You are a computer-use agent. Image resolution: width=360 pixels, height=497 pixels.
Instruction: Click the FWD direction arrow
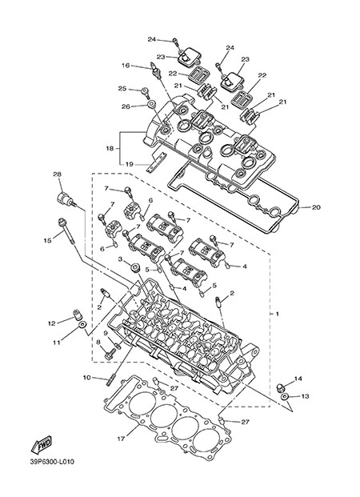[x=41, y=444]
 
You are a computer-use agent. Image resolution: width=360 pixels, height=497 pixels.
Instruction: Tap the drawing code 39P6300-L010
[x=52, y=462]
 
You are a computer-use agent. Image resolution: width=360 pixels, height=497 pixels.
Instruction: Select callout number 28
[x=58, y=174]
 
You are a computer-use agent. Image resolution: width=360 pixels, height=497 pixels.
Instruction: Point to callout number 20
[x=316, y=207]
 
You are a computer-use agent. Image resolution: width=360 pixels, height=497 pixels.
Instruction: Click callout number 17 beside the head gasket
[x=121, y=439]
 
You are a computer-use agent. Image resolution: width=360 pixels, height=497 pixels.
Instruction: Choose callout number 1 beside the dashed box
[x=278, y=314]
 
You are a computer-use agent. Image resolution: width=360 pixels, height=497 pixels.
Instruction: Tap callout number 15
[x=47, y=241]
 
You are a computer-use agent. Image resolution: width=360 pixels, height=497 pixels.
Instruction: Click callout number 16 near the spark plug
[x=126, y=66]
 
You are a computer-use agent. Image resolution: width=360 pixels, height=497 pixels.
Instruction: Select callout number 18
[x=110, y=148]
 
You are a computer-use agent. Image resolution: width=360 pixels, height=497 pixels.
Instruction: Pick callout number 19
[x=129, y=164]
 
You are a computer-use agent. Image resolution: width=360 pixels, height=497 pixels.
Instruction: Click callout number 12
[x=52, y=323]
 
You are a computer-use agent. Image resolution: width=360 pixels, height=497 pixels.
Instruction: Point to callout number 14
[x=298, y=379]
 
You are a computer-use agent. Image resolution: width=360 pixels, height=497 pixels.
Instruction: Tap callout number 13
[x=305, y=396]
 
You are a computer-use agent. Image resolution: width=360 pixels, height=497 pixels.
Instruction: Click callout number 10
[x=87, y=378]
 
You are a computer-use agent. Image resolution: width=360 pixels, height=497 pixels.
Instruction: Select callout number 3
[x=120, y=259]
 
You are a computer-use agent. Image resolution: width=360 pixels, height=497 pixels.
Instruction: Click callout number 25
[x=122, y=88]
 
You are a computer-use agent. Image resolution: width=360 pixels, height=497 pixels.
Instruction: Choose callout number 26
[x=126, y=106]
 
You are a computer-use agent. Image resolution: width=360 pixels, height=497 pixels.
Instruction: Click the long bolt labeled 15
[x=67, y=232]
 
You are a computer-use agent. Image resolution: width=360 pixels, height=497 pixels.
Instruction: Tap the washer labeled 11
[x=82, y=325]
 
